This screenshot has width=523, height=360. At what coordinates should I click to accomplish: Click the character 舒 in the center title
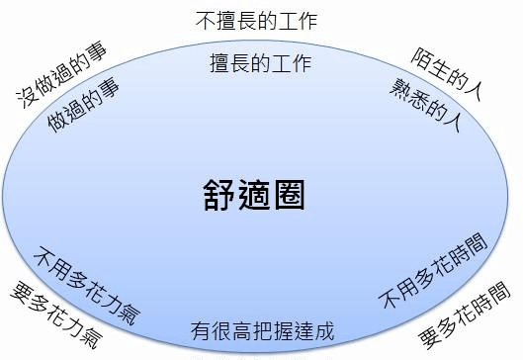coord(219,191)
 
